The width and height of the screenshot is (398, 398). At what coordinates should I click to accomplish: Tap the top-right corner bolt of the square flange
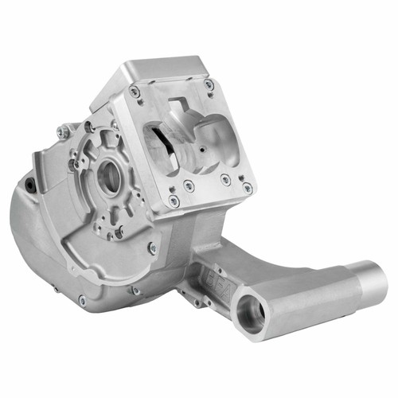tap(209, 84)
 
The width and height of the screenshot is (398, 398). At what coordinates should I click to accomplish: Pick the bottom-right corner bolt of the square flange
tap(248, 188)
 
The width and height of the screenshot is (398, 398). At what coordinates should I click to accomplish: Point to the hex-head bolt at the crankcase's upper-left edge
tap(62, 133)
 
